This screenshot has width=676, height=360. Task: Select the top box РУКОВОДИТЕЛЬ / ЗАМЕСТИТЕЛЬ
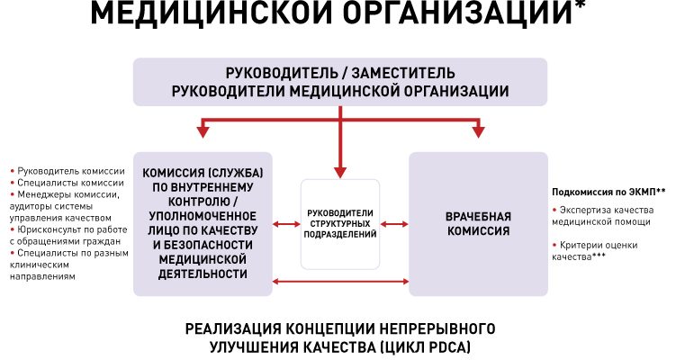pos(339,81)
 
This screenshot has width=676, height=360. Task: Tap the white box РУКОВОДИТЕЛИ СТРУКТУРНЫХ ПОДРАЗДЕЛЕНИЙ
pos(340,223)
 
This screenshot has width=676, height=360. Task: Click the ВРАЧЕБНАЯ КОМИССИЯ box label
pos(478,223)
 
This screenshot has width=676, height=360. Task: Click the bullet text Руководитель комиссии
pos(63,169)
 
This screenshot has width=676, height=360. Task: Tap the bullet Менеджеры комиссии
pos(67,193)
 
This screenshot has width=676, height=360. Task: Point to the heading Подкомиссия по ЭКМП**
pos(608,192)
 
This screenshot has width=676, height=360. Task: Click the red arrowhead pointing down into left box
pos(203,131)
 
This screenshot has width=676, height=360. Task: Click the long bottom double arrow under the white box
pos(340,285)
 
